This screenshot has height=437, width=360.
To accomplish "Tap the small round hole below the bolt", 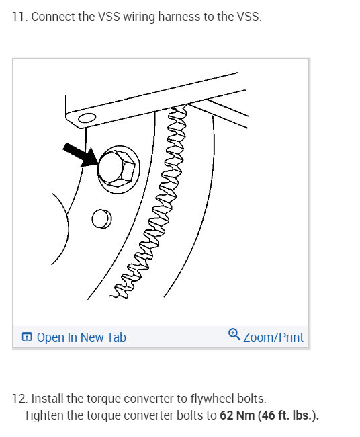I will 101,219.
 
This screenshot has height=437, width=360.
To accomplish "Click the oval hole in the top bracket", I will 84,119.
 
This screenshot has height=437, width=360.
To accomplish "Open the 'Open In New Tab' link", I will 81,337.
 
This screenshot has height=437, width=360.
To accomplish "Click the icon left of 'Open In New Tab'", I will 27,337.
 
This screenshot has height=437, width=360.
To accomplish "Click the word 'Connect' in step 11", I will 52,16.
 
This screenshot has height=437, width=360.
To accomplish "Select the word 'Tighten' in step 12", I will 44,415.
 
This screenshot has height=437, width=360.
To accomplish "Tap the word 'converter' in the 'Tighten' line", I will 146,415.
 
